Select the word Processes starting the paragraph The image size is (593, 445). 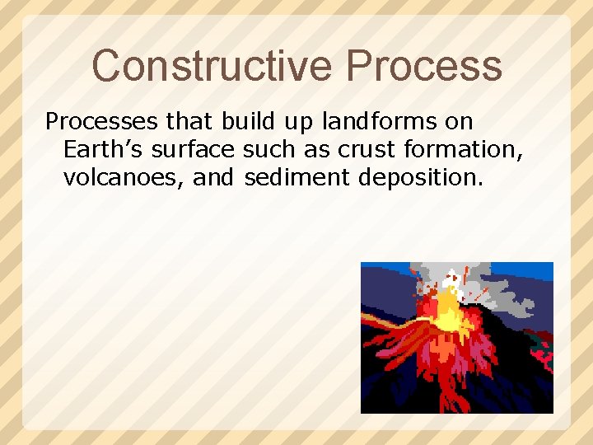(101, 122)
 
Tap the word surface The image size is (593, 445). (198, 149)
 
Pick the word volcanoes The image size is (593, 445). (124, 176)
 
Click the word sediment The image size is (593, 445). (296, 176)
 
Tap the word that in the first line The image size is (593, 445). (189, 122)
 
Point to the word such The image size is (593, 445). (264, 149)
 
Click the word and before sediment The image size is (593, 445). (214, 176)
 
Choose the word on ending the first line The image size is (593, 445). (459, 122)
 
